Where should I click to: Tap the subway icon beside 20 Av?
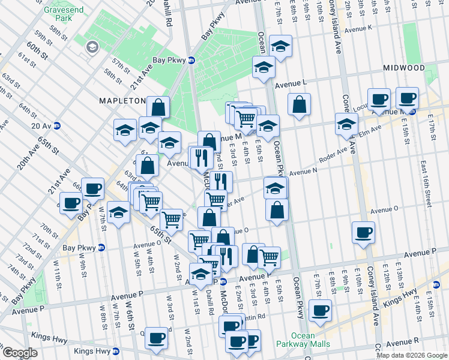tap(57, 125)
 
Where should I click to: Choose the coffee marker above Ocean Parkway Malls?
tap(320, 310)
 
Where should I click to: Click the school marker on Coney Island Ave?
tap(346, 124)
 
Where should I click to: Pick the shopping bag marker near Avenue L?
tap(299, 104)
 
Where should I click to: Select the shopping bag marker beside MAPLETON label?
tap(158, 107)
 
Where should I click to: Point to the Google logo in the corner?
tap(19, 353)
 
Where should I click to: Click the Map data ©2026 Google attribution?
tap(411, 355)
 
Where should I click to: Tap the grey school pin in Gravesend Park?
tap(93, 46)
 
